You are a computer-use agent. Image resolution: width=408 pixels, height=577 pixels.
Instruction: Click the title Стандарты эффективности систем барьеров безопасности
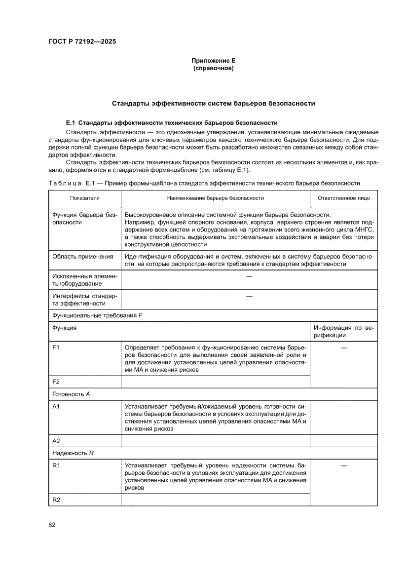click(213, 104)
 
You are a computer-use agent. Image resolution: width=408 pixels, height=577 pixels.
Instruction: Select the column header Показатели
click(85, 197)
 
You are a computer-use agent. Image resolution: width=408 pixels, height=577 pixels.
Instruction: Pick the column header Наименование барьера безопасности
click(215, 197)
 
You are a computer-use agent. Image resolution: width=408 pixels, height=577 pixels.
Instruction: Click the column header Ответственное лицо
click(343, 197)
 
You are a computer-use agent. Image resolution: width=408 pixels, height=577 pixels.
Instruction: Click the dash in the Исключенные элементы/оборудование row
click(249, 276)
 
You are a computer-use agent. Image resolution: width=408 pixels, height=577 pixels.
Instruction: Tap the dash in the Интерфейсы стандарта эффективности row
click(249, 296)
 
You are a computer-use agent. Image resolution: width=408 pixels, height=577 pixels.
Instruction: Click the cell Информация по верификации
click(343, 331)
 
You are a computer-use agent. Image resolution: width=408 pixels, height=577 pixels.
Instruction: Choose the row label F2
click(56, 382)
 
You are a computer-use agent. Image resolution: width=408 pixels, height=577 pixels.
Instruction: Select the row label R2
click(56, 500)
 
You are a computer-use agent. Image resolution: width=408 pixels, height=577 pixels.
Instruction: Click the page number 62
click(52, 525)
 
